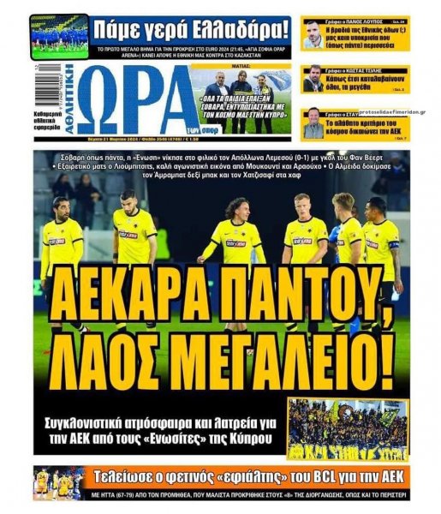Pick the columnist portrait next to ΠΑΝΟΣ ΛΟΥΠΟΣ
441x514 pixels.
pos(313,35)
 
